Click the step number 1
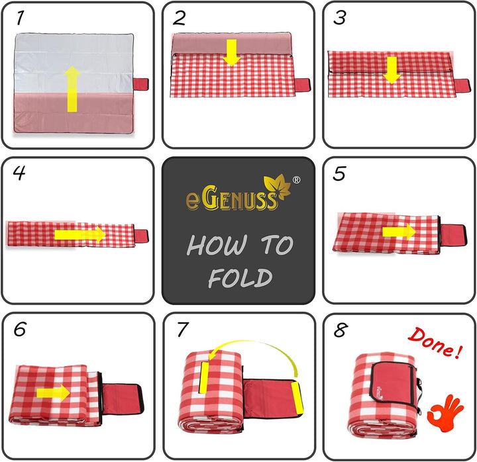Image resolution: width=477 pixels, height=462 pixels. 21,18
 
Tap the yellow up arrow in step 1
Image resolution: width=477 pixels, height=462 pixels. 72,89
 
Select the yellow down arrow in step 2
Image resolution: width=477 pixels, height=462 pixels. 232,52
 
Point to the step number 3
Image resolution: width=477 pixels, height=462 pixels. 340,18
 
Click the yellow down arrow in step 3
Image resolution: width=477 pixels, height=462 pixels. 392,70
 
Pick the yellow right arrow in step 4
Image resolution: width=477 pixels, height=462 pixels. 80,234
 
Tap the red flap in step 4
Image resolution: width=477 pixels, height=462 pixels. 142,236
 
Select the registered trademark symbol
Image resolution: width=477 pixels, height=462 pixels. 296,180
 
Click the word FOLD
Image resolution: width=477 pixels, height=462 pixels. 240,278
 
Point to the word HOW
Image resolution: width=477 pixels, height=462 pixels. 216,246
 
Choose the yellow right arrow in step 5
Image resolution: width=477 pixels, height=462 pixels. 399,232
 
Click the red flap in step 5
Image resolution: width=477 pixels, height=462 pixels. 453,235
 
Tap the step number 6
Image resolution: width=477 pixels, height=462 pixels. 20,329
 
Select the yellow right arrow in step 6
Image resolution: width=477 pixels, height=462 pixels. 53,393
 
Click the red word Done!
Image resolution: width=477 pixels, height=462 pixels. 435,343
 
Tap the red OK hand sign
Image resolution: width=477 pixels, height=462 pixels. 445,413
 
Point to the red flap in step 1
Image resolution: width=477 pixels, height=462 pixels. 141,84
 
